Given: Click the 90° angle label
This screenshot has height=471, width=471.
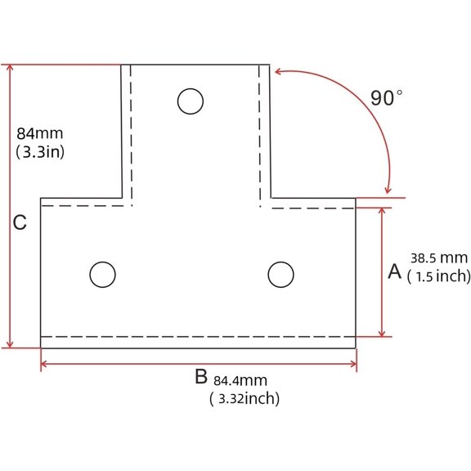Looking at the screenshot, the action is [x=386, y=97].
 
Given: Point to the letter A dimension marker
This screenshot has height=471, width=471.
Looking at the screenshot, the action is [x=394, y=271].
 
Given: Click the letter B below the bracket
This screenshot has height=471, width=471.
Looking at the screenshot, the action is [x=201, y=376].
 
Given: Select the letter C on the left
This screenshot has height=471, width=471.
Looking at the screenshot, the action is [x=20, y=222].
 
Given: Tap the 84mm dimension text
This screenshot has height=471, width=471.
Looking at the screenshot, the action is [x=40, y=133].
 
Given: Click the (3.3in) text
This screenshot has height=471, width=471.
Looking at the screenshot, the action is [x=40, y=152].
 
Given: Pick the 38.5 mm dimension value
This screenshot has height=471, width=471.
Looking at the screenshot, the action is [x=439, y=258].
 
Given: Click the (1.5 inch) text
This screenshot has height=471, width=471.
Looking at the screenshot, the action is [x=439, y=276].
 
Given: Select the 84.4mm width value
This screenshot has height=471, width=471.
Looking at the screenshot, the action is [x=240, y=380].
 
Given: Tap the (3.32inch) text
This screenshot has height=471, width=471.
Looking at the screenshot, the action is [x=244, y=398].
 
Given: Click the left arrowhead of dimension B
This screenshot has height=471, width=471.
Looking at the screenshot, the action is [x=43, y=364].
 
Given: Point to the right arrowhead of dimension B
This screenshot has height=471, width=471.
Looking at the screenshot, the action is [x=353, y=364].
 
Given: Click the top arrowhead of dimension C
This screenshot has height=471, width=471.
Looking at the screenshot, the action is [x=10, y=68].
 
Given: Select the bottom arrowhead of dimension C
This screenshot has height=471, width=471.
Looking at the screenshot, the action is [x=10, y=344].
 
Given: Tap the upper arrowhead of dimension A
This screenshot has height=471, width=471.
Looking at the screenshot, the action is [x=382, y=211].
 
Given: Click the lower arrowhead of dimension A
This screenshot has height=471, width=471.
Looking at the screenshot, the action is [x=382, y=333].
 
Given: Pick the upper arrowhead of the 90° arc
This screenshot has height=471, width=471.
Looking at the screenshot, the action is [x=278, y=71].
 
